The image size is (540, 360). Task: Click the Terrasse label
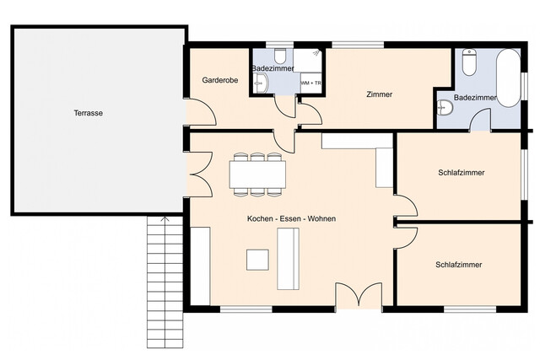pyautogui.click(x=88, y=113)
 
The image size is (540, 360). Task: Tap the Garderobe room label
pyautogui.click(x=219, y=80)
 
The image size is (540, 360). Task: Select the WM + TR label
pyautogui.click(x=310, y=83)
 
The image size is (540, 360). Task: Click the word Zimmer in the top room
pyautogui.click(x=379, y=94)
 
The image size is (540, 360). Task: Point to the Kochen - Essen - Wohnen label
pyautogui.click(x=291, y=219)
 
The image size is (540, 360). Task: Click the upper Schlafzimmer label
pyautogui.click(x=461, y=173)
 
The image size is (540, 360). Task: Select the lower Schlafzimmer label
pyautogui.click(x=458, y=265)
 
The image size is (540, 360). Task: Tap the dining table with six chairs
pyautogui.click(x=257, y=175)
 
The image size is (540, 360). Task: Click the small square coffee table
pyautogui.click(x=257, y=260)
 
